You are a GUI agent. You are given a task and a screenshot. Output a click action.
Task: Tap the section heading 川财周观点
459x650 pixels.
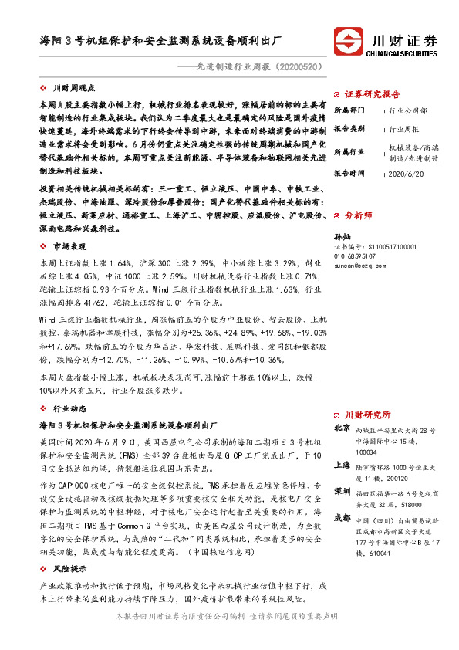pos(74,90)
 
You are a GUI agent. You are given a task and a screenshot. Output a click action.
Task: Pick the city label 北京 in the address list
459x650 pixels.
pos(342,428)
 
